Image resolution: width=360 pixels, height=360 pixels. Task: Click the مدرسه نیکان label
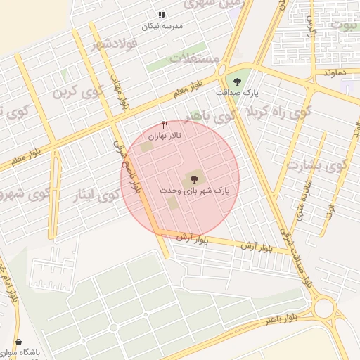point(162,26)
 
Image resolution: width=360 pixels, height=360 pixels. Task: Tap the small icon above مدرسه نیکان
point(162,14)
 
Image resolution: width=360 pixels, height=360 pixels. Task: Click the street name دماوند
point(328,73)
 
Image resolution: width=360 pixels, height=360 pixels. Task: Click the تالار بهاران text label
point(165,136)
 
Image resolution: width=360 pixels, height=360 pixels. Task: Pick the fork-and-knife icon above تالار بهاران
point(165,125)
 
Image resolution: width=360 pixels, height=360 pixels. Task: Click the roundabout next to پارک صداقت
point(221,70)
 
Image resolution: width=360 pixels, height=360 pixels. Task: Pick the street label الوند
point(329,210)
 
